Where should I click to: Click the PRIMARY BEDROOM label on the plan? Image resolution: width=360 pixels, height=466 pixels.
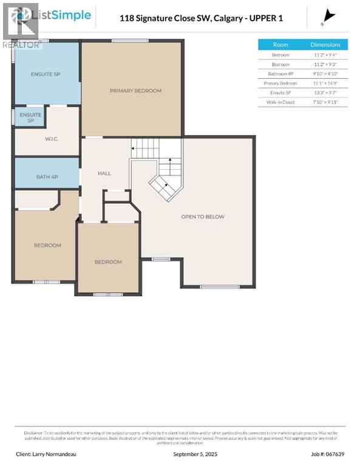pyautogui.click(x=135, y=90)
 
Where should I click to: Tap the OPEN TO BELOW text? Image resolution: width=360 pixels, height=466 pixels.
pyautogui.click(x=202, y=217)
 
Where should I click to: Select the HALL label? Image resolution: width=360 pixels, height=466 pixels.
pyautogui.click(x=104, y=174)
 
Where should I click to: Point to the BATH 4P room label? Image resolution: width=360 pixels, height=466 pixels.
pyautogui.click(x=47, y=177)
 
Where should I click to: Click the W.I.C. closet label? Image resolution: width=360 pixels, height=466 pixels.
pyautogui.click(x=51, y=139)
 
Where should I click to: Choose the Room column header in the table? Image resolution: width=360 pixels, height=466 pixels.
pyautogui.click(x=280, y=44)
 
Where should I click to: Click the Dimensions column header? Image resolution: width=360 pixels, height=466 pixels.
pyautogui.click(x=325, y=44)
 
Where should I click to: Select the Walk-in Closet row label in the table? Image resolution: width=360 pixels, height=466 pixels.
pyautogui.click(x=280, y=102)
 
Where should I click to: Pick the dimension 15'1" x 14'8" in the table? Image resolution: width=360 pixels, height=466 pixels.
pyautogui.click(x=325, y=83)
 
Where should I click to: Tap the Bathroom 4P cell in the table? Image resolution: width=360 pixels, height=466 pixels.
pyautogui.click(x=280, y=73)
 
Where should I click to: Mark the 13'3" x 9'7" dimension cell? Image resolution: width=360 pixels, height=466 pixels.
pyautogui.click(x=325, y=92)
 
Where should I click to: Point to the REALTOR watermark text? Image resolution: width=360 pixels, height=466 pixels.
pyautogui.click(x=22, y=44)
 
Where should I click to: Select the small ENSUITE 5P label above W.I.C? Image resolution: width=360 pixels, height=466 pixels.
pyautogui.click(x=30, y=117)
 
